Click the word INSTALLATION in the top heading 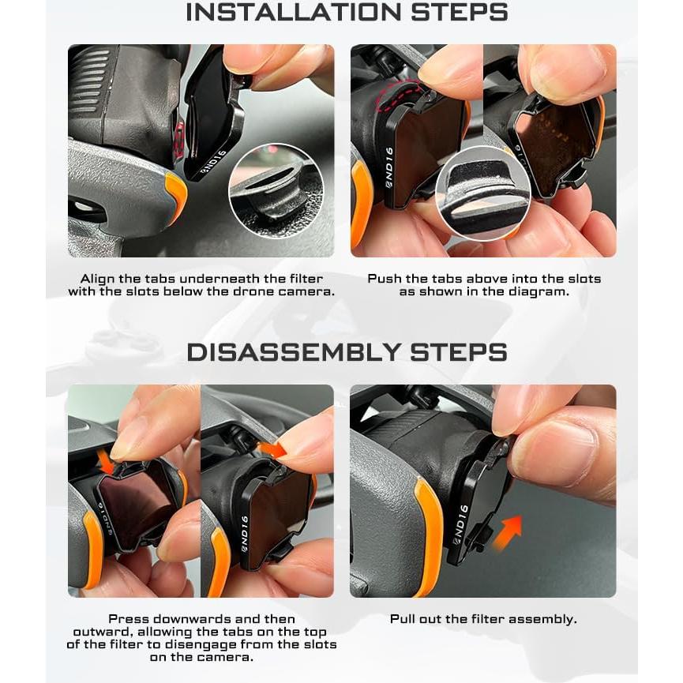[x=293, y=12]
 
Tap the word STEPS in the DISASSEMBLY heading [x=459, y=352]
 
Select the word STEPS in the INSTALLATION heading [x=460, y=12]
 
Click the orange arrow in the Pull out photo [x=507, y=533]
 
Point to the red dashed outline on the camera [x=399, y=95]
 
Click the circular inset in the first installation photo [x=276, y=191]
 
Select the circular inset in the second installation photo [x=483, y=193]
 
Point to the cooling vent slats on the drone [x=90, y=81]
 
